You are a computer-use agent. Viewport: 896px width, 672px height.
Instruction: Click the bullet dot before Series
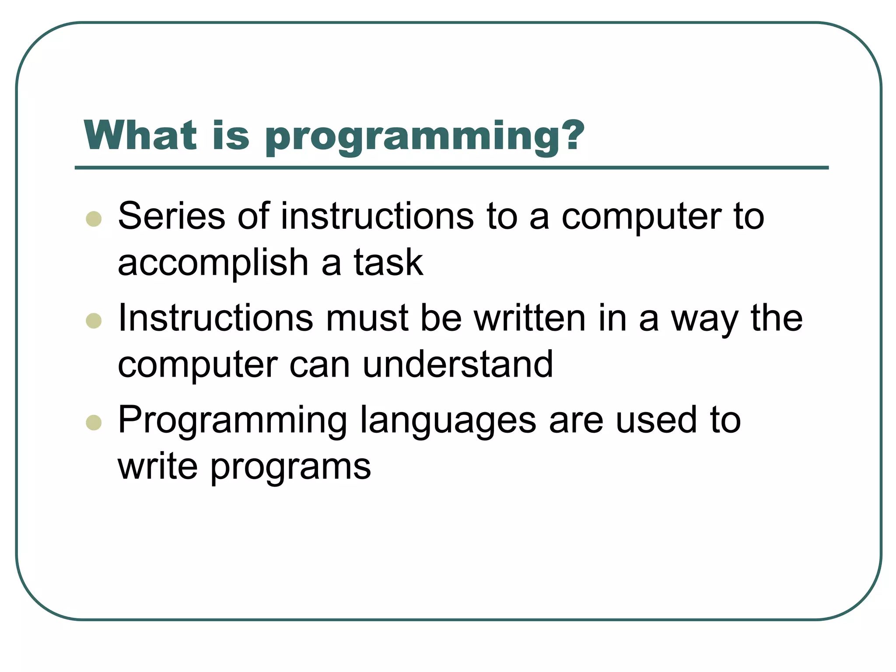pyautogui.click(x=94, y=219)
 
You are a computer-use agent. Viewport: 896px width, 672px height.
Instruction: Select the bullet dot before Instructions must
pyautogui.click(x=94, y=321)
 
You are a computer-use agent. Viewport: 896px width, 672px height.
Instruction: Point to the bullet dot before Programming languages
pyautogui.click(x=94, y=423)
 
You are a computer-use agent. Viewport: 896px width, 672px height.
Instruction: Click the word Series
pyautogui.click(x=171, y=216)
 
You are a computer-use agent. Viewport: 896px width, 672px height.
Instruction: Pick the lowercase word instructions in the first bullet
pyautogui.click(x=377, y=216)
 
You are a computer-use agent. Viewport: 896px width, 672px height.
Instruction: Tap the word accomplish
pyautogui.click(x=213, y=263)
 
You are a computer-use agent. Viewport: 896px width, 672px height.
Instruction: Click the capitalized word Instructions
pyautogui.click(x=216, y=318)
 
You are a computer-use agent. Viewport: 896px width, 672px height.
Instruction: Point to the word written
pyautogui.click(x=530, y=318)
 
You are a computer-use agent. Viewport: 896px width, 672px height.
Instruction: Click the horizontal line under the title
pyautogui.click(x=451, y=168)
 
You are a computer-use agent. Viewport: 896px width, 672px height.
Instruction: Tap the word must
pyautogui.click(x=367, y=318)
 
